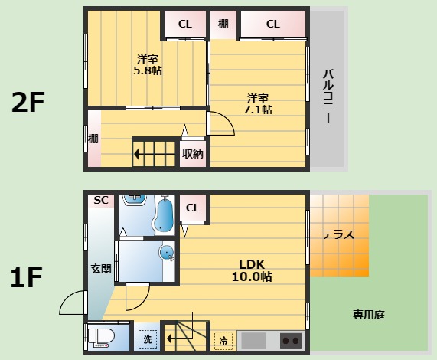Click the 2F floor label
point(28,102)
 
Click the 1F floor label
point(26,277)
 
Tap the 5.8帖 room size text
point(148,70)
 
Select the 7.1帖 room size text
point(258,110)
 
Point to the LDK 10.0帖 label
point(252,270)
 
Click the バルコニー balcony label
point(328,97)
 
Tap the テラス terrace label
point(338,235)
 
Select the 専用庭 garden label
point(369,315)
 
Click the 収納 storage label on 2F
point(193,154)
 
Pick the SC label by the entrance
point(101,200)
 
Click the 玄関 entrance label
point(101,269)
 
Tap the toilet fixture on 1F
point(102,338)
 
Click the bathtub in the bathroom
point(164,215)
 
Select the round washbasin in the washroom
point(166,254)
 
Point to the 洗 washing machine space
point(148,339)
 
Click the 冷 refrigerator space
point(223,341)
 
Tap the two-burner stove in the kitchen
point(291,341)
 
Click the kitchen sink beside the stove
point(253,341)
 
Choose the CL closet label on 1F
point(193,208)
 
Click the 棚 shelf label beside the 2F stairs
point(93,139)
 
